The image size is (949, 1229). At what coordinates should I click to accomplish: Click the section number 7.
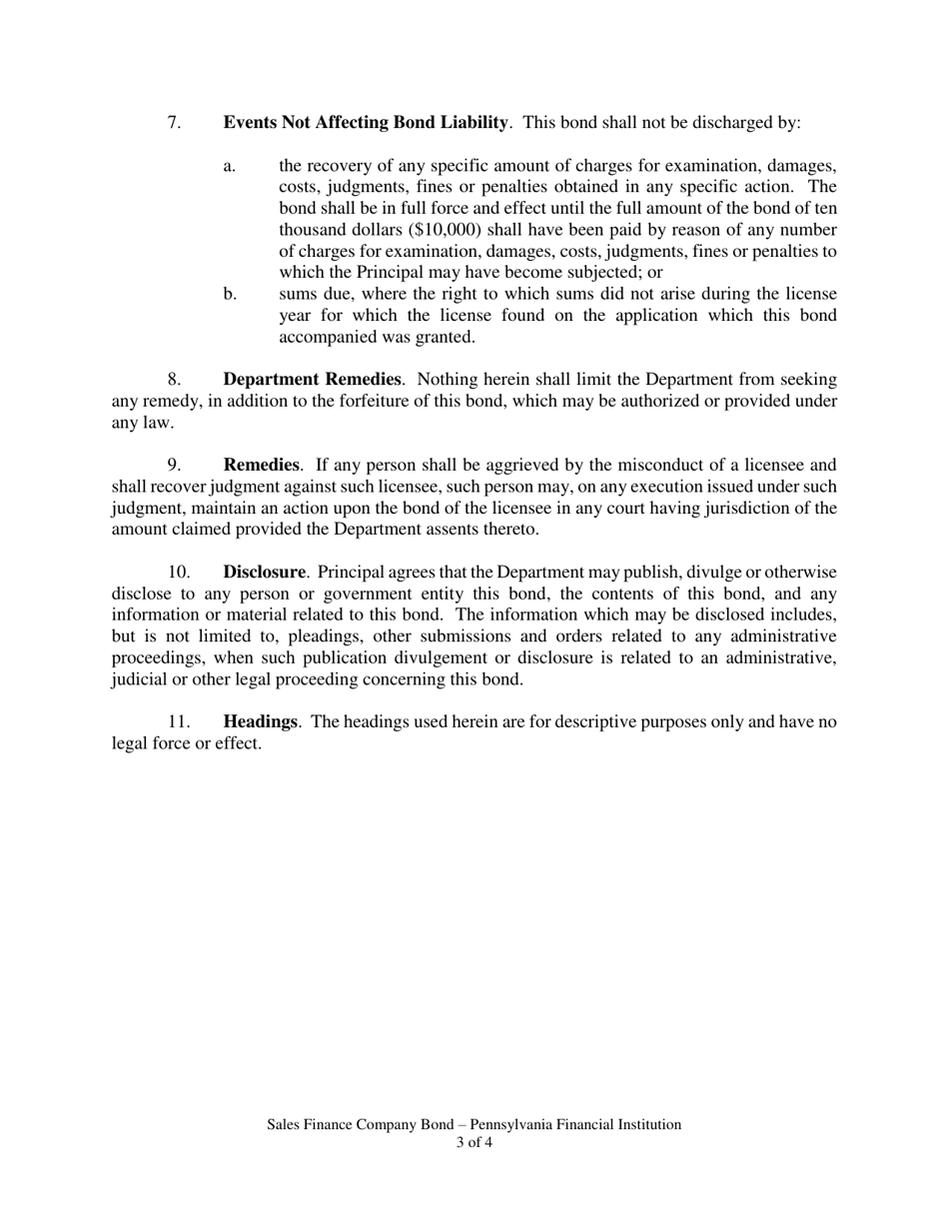pyautogui.click(x=174, y=123)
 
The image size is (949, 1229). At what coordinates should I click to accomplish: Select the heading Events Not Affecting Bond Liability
pyautogui.click(x=366, y=123)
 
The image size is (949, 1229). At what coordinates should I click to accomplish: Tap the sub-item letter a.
pyautogui.click(x=230, y=166)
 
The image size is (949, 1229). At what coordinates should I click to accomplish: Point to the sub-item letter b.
pyautogui.click(x=230, y=294)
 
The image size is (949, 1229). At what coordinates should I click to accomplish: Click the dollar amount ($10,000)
pyautogui.click(x=446, y=230)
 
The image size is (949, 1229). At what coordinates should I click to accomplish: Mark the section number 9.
pyautogui.click(x=174, y=465)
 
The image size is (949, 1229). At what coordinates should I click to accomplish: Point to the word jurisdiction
pyautogui.click(x=735, y=508)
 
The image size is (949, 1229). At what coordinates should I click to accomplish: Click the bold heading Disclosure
pyautogui.click(x=264, y=573)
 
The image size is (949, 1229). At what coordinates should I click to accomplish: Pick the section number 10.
pyautogui.click(x=178, y=573)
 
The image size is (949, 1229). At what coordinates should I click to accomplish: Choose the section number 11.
pyautogui.click(x=178, y=721)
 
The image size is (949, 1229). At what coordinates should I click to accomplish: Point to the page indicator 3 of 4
pyautogui.click(x=474, y=1143)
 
